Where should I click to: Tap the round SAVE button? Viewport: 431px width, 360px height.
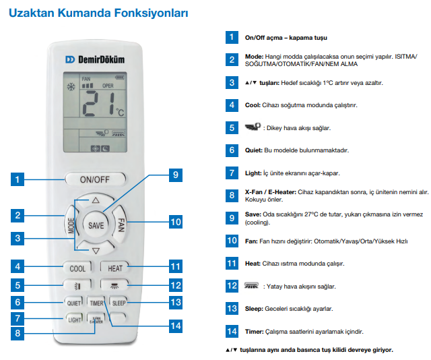(x=96, y=225)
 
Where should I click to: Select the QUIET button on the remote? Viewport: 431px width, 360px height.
(x=73, y=302)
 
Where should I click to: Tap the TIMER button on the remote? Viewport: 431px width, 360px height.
(x=96, y=303)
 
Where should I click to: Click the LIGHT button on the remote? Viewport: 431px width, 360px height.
(x=73, y=318)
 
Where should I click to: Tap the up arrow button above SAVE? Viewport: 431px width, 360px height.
(x=96, y=201)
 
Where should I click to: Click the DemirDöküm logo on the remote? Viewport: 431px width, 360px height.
(x=95, y=59)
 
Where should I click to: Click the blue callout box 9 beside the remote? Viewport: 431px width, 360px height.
(x=174, y=175)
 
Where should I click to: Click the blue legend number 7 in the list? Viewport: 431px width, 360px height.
(x=232, y=173)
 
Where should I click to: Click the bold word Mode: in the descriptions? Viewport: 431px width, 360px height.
(x=253, y=57)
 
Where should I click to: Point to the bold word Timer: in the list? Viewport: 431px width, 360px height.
(x=255, y=332)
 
